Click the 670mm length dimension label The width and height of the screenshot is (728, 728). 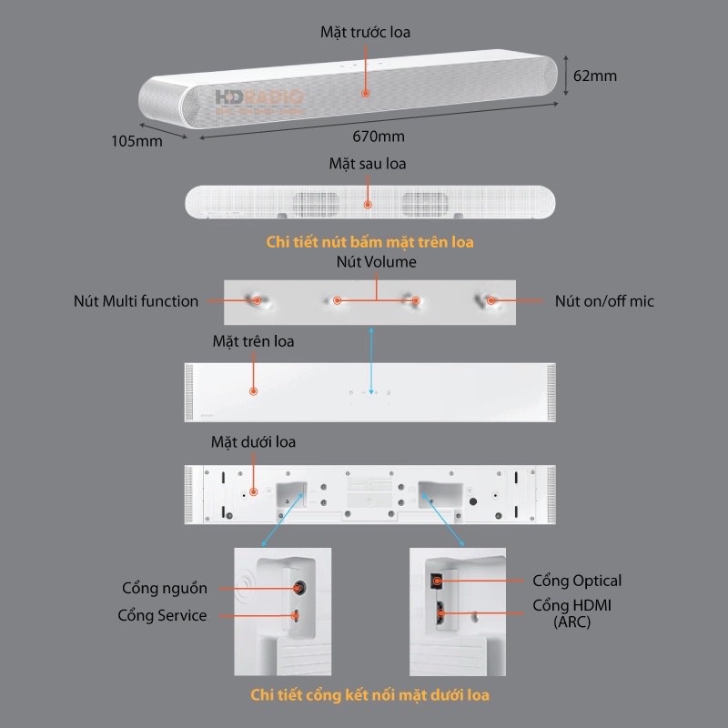(x=379, y=136)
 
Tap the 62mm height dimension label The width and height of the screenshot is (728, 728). (x=595, y=76)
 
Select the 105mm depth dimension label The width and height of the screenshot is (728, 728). (x=136, y=141)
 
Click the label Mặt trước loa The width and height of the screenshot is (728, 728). (x=366, y=32)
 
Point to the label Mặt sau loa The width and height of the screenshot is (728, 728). (x=368, y=164)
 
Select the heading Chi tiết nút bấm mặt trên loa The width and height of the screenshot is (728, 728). (x=369, y=242)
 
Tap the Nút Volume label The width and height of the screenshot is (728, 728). (x=376, y=262)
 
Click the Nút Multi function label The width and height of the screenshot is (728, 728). (x=136, y=300)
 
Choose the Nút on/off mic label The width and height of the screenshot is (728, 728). (x=604, y=300)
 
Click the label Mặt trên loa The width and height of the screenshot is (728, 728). (x=253, y=342)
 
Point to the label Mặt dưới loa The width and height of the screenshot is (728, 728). (x=253, y=442)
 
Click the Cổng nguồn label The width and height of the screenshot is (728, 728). (x=165, y=588)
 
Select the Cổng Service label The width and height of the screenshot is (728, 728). (x=162, y=615)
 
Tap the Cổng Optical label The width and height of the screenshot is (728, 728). (x=577, y=581)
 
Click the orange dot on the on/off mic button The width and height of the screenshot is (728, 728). (x=490, y=299)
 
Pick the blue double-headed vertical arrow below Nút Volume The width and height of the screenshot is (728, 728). (x=371, y=361)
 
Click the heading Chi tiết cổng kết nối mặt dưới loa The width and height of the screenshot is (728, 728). (x=369, y=695)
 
